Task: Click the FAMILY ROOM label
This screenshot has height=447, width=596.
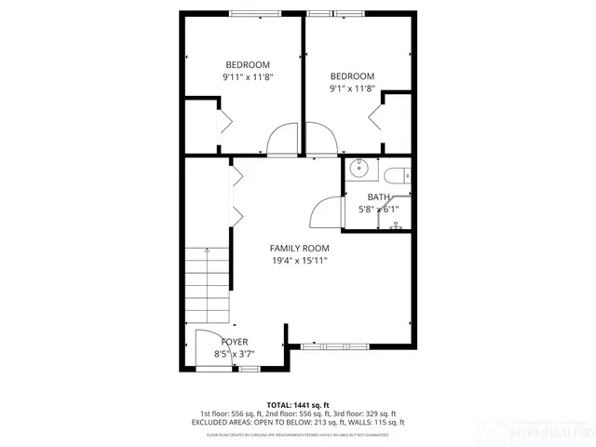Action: click(x=299, y=248)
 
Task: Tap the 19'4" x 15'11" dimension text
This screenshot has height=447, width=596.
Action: click(x=299, y=261)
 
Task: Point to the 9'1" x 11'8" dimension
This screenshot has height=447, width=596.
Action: click(x=352, y=89)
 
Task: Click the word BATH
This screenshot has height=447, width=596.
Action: click(x=378, y=196)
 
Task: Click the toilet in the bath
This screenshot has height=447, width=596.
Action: click(x=395, y=173)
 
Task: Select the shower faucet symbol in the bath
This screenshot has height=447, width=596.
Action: click(x=396, y=224)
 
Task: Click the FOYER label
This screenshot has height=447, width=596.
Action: click(x=234, y=342)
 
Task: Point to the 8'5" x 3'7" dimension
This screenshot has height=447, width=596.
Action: click(x=234, y=354)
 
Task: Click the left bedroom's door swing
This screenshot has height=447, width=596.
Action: click(x=281, y=140)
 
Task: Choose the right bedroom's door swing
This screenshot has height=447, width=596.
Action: click(x=321, y=141)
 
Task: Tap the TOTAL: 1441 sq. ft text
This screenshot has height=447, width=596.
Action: click(x=298, y=404)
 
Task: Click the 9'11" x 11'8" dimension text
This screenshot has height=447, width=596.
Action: click(x=247, y=77)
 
